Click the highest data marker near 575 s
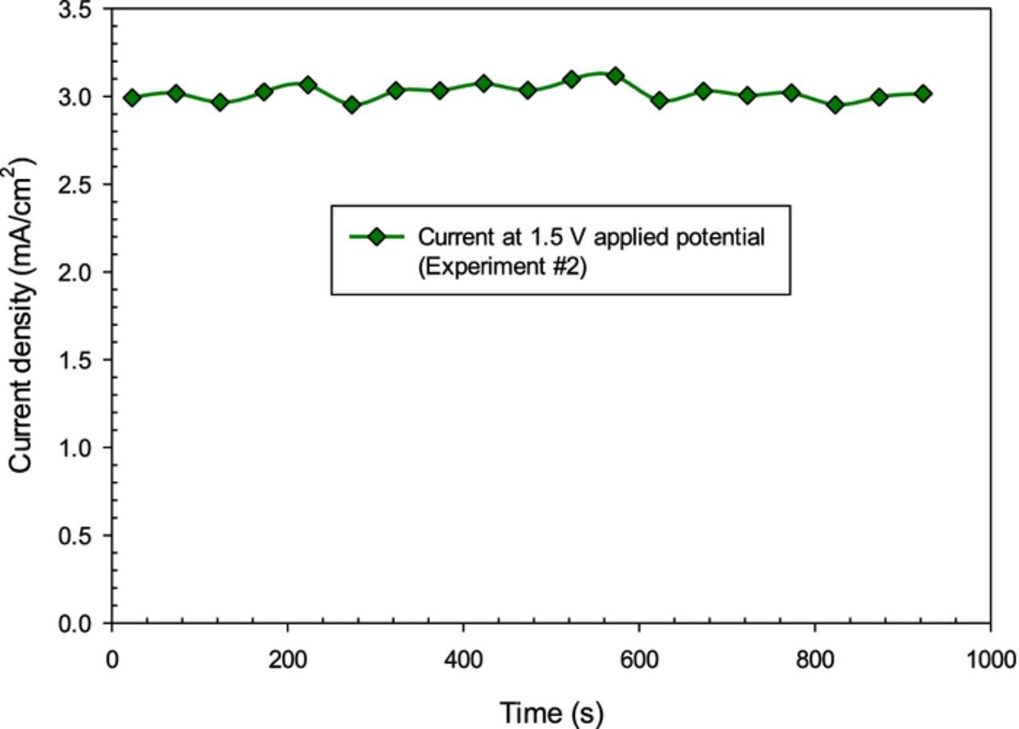tap(615, 76)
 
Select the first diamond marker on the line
tap(132, 98)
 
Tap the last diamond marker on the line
tap(923, 94)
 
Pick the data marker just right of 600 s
tap(659, 101)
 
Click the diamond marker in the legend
tap(377, 236)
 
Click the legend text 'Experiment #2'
tap(502, 267)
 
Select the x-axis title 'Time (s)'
tap(551, 712)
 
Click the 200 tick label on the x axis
tap(287, 660)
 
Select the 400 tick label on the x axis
tap(463, 660)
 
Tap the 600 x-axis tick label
tap(639, 660)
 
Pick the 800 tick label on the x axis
tap(815, 660)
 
